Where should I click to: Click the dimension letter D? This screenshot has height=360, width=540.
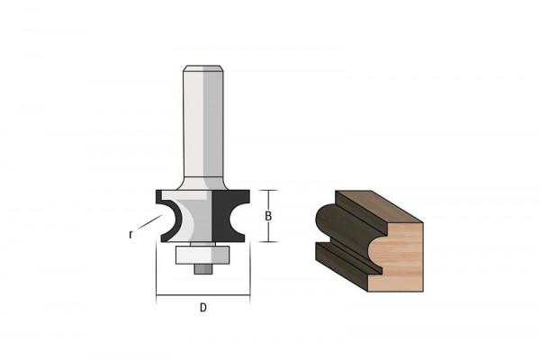pyautogui.click(x=203, y=307)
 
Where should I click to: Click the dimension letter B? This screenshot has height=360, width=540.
pyautogui.click(x=268, y=216)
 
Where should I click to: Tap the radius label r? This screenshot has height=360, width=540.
pyautogui.click(x=130, y=235)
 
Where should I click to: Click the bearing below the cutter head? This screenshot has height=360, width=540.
pyautogui.click(x=202, y=255)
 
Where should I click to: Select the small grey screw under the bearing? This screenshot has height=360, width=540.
pyautogui.click(x=202, y=269)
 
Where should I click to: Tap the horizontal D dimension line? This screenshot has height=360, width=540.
pyautogui.click(x=202, y=295)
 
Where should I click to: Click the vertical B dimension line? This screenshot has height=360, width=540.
pyautogui.click(x=268, y=216)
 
